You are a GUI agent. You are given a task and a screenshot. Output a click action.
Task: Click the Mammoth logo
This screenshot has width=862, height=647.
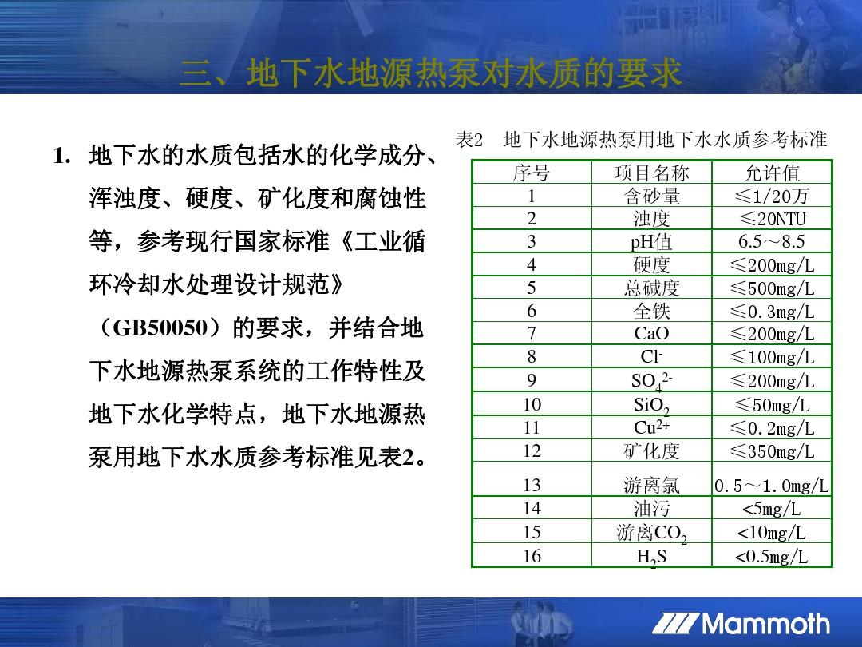(741, 625)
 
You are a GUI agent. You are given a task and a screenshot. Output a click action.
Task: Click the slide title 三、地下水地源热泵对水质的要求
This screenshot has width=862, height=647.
(431, 73)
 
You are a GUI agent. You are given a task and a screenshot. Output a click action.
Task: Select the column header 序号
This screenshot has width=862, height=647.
(531, 173)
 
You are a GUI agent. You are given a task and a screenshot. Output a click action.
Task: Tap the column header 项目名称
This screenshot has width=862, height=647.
(651, 173)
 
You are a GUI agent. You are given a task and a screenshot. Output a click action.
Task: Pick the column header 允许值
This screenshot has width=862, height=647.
(772, 173)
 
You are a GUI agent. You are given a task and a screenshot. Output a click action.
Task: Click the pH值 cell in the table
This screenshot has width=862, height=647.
(651, 241)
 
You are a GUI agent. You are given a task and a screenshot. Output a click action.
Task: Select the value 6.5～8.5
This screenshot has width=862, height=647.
(772, 241)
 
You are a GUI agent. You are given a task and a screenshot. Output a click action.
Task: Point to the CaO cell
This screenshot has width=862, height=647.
(651, 333)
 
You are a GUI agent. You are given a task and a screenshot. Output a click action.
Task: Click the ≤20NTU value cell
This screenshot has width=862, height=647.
(772, 219)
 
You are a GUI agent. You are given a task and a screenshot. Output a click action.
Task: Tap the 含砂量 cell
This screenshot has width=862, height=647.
(651, 196)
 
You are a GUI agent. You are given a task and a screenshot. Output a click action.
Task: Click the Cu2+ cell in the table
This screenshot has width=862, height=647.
(651, 427)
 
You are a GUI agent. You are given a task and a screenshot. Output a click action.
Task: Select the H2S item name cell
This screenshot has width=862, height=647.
(651, 557)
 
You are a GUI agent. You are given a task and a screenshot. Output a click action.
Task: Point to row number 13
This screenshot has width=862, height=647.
(532, 485)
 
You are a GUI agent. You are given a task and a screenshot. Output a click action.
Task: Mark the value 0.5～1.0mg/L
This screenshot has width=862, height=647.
(772, 486)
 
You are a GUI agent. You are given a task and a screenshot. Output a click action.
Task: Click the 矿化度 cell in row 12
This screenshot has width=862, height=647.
(651, 451)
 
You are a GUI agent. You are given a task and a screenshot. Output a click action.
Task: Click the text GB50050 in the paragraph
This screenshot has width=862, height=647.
(160, 328)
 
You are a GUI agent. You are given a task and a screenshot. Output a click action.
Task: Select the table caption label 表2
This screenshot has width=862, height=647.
(469, 140)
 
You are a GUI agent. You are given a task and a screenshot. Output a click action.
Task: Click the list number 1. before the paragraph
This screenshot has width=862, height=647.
(62, 156)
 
